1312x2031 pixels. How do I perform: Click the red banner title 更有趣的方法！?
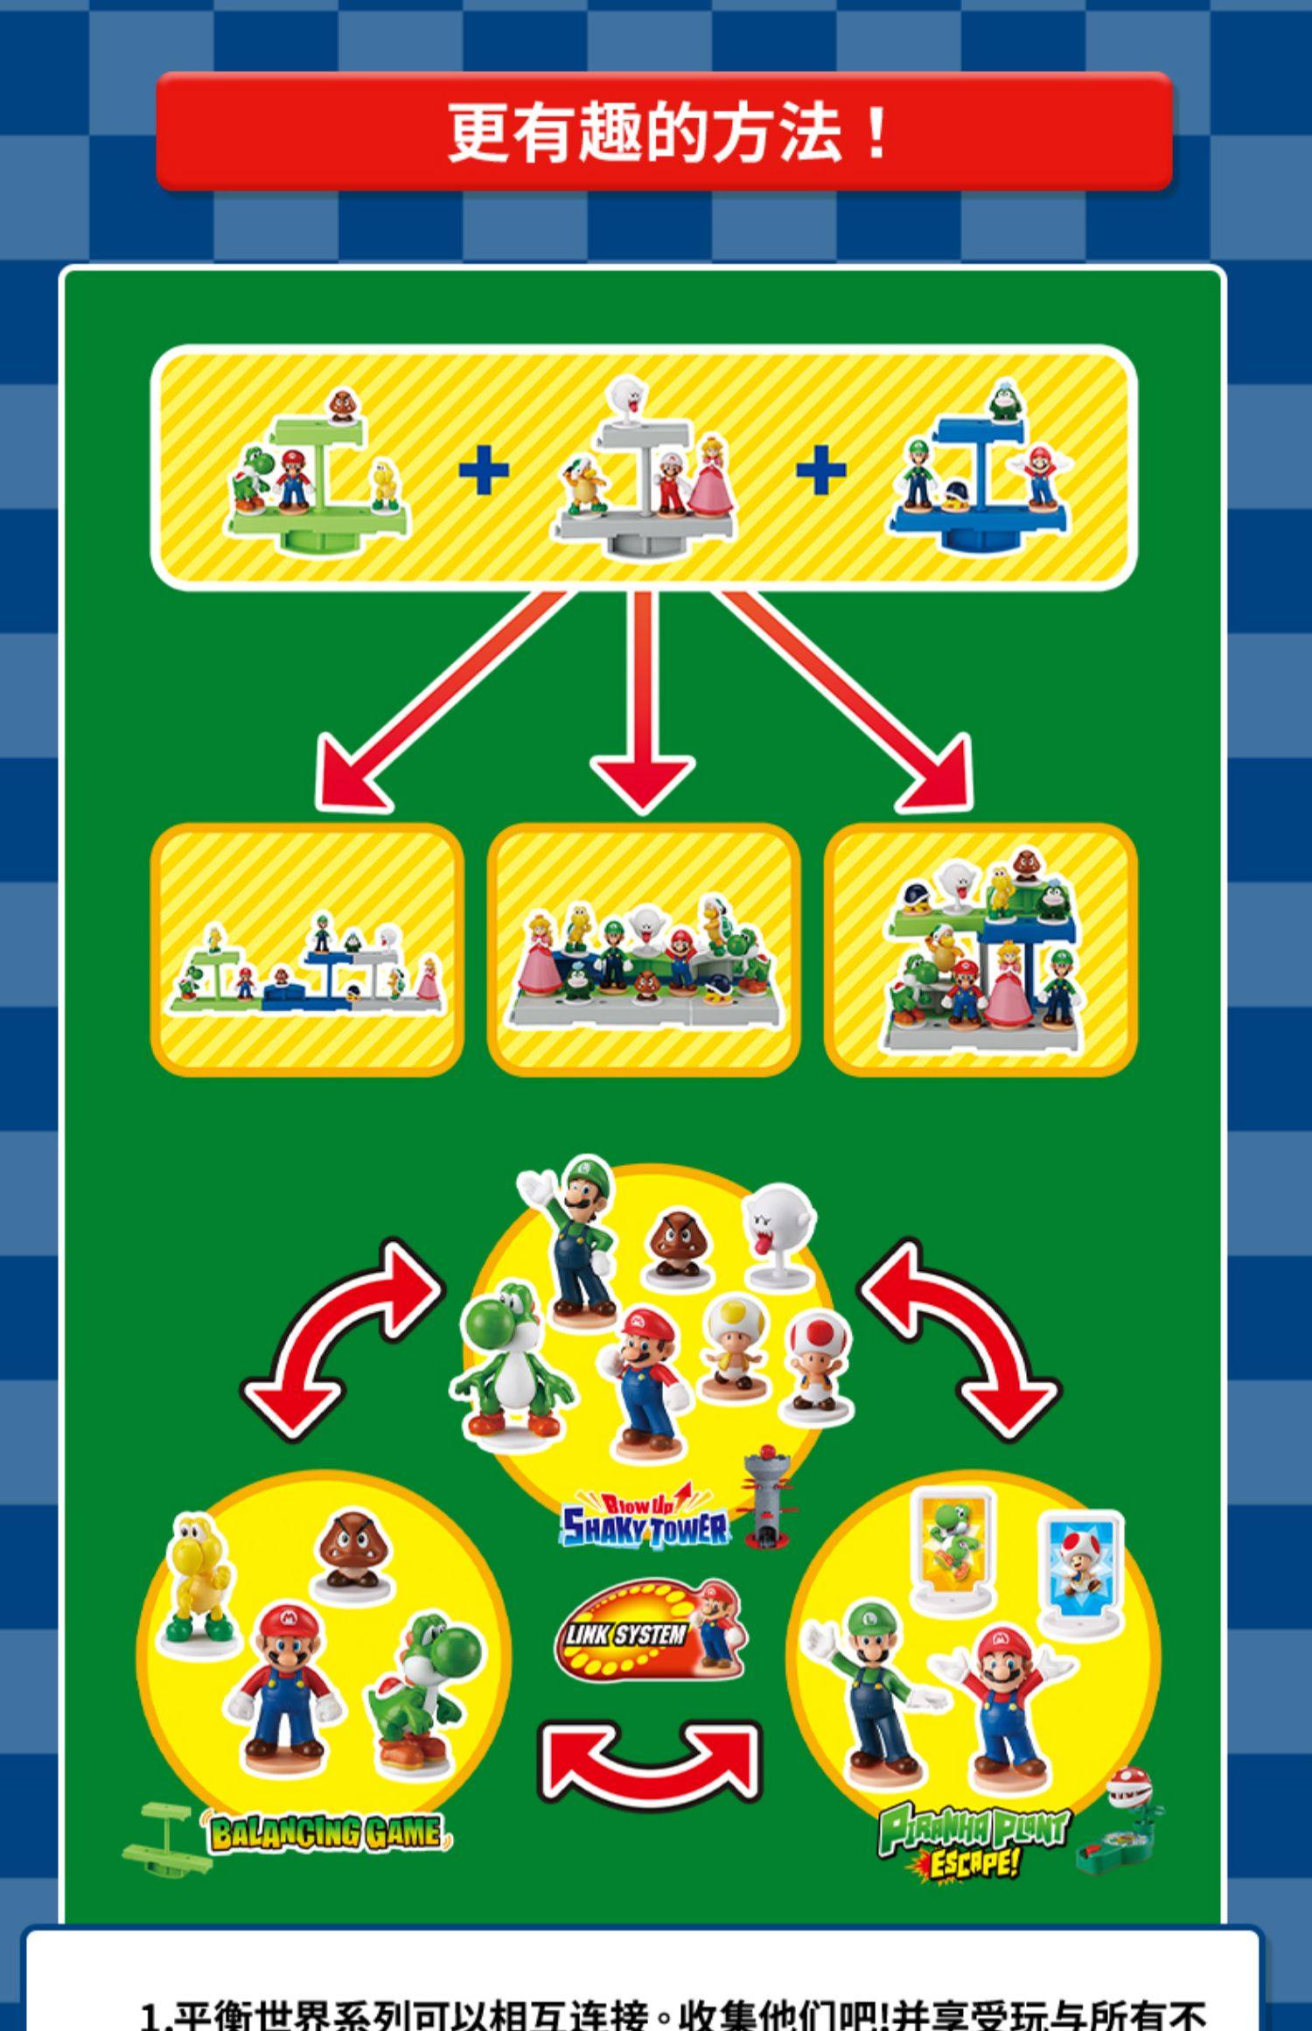pyautogui.click(x=665, y=133)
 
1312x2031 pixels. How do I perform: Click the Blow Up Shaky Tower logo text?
pyautogui.click(x=646, y=1523)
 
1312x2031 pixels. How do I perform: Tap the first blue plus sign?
pyautogui.click(x=484, y=471)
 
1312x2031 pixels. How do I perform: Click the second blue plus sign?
pyautogui.click(x=820, y=471)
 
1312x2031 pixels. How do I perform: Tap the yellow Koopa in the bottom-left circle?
pyautogui.click(x=199, y=1574)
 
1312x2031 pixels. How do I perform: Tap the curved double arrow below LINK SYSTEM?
pyautogui.click(x=648, y=1758)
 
